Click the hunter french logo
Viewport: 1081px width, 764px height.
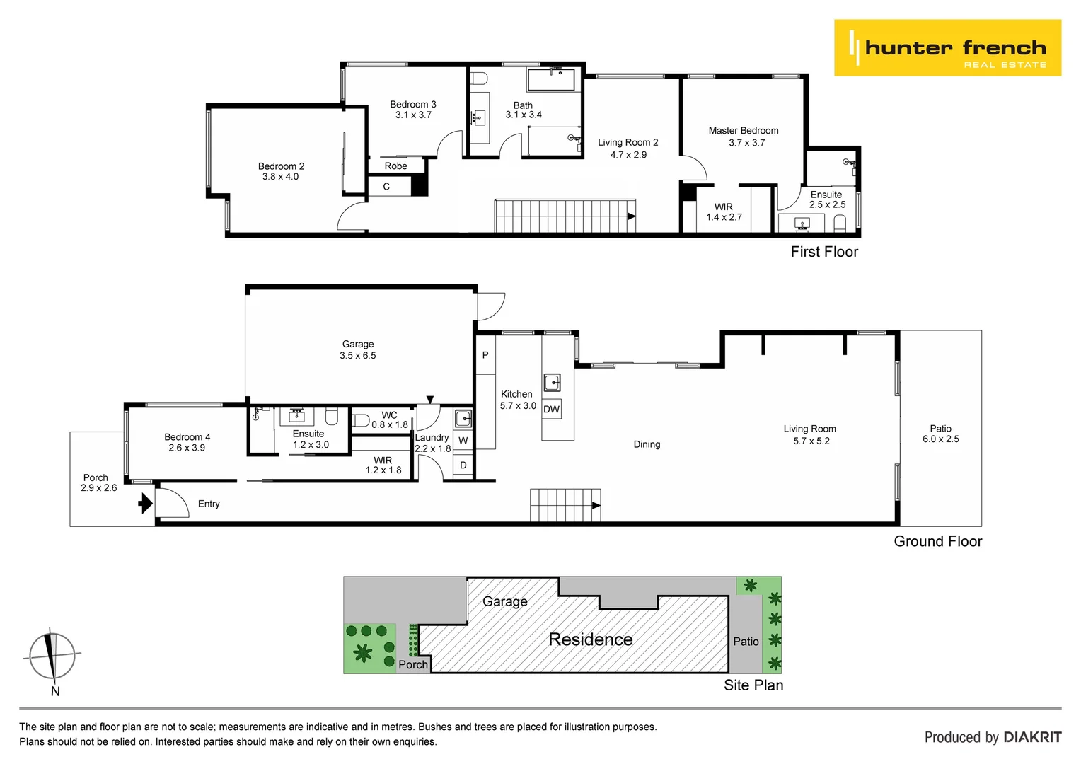tap(947, 48)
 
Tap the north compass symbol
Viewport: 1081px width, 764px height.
tap(52, 656)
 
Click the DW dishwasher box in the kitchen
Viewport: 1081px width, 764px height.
tap(552, 409)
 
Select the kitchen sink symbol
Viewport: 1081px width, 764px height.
tap(552, 383)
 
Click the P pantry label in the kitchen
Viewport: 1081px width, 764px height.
tap(485, 355)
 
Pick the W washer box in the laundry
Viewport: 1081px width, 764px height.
tap(463, 441)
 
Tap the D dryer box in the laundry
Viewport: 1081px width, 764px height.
tap(463, 465)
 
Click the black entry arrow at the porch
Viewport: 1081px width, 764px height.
tap(145, 503)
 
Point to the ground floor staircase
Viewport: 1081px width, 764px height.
tap(565, 505)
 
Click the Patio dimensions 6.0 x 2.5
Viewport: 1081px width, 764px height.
tap(940, 439)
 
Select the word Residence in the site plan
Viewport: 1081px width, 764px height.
tap(591, 639)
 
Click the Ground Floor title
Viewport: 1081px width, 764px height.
tap(937, 541)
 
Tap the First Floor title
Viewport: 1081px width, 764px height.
tap(824, 252)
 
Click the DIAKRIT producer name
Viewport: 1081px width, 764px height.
tap(1032, 737)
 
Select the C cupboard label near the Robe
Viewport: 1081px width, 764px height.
tap(386, 187)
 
